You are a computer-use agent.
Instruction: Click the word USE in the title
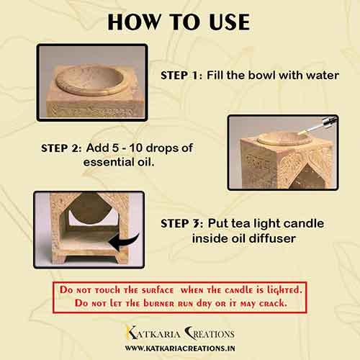229,22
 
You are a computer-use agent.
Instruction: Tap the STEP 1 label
181,76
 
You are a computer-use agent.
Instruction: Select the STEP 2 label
61,148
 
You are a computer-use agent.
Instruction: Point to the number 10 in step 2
136,148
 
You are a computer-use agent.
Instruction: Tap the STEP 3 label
182,224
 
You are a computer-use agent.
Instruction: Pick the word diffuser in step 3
272,238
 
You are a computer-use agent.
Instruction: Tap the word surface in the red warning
158,290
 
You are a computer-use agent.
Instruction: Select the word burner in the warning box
159,303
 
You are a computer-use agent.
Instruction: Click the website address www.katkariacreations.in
180,348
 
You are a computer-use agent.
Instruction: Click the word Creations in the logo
210,333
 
